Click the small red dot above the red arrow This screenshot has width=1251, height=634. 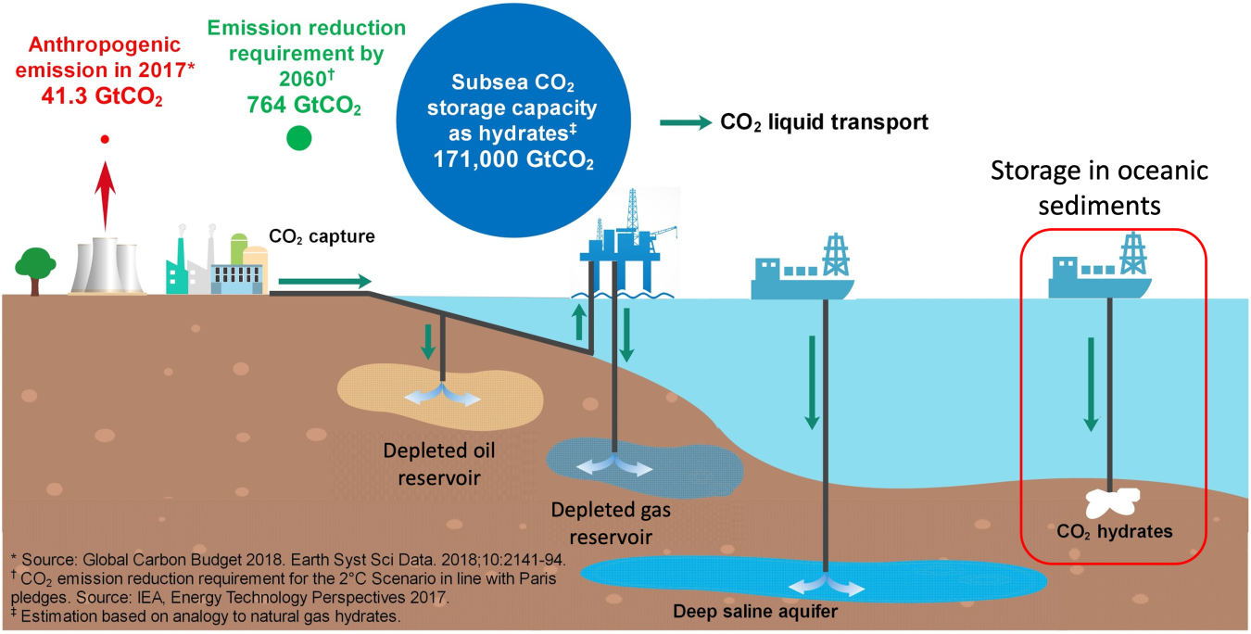click(x=106, y=139)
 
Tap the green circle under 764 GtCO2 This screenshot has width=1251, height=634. click(x=298, y=139)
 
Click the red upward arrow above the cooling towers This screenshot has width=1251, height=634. click(x=106, y=195)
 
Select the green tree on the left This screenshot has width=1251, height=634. click(x=33, y=269)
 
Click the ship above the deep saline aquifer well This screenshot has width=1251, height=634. click(x=802, y=273)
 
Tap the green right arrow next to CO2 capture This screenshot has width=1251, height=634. click(x=323, y=280)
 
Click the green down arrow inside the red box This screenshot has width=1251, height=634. click(x=1091, y=385)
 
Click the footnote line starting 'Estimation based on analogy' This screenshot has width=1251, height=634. click(x=205, y=615)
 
